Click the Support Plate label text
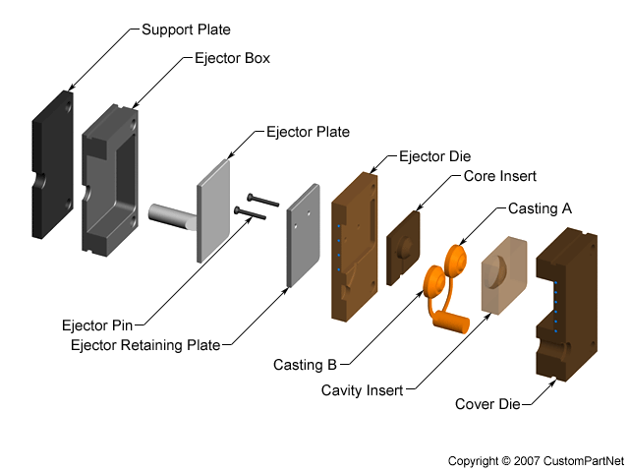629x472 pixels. (x=186, y=29)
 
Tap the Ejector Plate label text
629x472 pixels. (x=308, y=131)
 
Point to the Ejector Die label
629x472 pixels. (x=434, y=156)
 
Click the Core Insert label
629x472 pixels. (x=499, y=177)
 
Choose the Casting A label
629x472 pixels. (x=540, y=208)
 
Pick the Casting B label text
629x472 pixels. (x=305, y=365)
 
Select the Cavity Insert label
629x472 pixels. (x=362, y=390)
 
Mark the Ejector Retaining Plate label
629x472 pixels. (x=145, y=344)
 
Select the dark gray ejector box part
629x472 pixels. (x=108, y=182)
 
